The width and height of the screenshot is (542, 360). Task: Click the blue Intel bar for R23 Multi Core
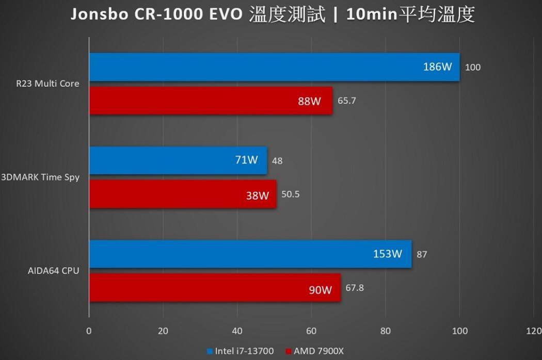pyautogui.click(x=274, y=67)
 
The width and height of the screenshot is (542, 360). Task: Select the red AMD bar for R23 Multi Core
pyautogui.click(x=211, y=101)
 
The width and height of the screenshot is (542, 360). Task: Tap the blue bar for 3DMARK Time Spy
pyautogui.click(x=178, y=160)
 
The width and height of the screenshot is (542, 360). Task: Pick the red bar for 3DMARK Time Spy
pyautogui.click(x=182, y=194)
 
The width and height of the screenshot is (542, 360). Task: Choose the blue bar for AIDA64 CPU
pyautogui.click(x=250, y=254)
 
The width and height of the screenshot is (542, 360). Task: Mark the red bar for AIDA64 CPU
pyautogui.click(x=215, y=288)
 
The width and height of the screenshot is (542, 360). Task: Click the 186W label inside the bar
pyautogui.click(x=437, y=67)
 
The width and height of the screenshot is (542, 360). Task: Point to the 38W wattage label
pyautogui.click(x=258, y=195)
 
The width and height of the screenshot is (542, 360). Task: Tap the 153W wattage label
pyautogui.click(x=388, y=254)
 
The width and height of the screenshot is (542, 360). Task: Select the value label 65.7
pyautogui.click(x=347, y=101)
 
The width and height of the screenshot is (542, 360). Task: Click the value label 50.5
pyautogui.click(x=291, y=194)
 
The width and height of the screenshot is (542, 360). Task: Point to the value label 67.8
pyautogui.click(x=355, y=288)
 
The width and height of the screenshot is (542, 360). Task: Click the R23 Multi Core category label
pyautogui.click(x=48, y=84)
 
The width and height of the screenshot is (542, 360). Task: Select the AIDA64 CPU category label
pyautogui.click(x=53, y=270)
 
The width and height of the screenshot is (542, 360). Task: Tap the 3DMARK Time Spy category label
pyautogui.click(x=40, y=177)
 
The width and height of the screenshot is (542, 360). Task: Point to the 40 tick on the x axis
pyautogui.click(x=237, y=331)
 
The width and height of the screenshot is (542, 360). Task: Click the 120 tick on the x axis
pyautogui.click(x=534, y=331)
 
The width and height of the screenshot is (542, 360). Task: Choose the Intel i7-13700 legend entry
pyautogui.click(x=240, y=351)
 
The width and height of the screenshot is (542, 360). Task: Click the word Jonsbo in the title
pyautogui.click(x=100, y=14)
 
